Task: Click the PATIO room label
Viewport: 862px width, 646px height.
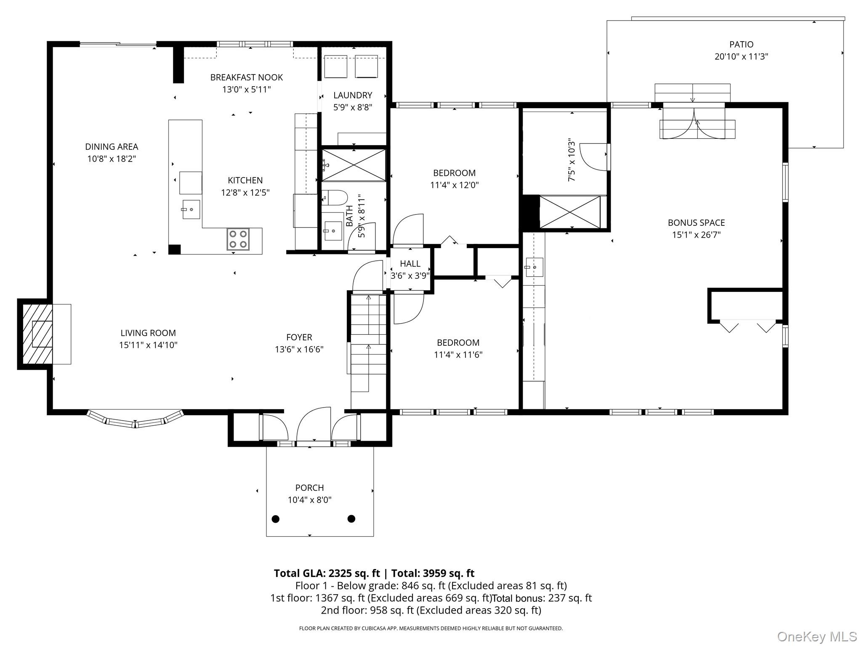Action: pos(741,44)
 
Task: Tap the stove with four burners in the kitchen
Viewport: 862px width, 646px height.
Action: pos(238,239)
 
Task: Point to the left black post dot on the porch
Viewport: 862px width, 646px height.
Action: pos(276,519)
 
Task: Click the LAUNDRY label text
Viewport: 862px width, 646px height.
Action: pos(353,95)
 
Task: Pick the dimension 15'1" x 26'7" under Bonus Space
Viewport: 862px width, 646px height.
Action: pos(696,235)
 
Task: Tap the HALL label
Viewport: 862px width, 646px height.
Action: pos(410,264)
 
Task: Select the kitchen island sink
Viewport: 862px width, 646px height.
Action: pos(191,209)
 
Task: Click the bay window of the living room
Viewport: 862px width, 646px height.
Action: pos(136,420)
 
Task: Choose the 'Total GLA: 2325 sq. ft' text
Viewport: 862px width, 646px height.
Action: pos(327,573)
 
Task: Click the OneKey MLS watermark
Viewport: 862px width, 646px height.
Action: pos(817,636)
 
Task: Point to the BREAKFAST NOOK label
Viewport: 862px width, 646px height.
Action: pos(247,77)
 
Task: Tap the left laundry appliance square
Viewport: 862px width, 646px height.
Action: pos(335,66)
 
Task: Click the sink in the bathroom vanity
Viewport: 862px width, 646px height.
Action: pos(333,230)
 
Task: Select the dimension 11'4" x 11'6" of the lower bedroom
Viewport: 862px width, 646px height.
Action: pos(458,355)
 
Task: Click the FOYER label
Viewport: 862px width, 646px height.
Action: pos(299,337)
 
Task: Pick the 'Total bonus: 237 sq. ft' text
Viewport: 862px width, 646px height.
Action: pos(542,598)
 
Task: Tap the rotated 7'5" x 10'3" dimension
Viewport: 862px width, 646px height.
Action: pos(571,160)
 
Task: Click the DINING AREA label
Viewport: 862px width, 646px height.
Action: pos(112,147)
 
